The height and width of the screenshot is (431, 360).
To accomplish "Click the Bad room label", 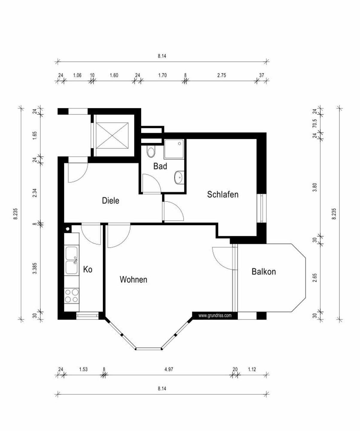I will [160, 166].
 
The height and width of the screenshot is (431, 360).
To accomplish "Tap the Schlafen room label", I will [223, 195].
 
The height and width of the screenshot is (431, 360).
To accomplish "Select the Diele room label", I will [110, 201].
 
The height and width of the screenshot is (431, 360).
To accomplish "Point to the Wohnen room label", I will [133, 280].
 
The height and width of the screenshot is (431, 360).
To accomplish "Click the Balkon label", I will [263, 272].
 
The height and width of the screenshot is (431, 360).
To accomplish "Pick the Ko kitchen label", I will [88, 269].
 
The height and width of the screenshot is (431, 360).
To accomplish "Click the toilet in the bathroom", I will [151, 152].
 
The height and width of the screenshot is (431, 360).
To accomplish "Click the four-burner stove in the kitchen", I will [72, 295].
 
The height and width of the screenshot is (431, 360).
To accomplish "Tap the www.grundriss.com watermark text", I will [215, 315].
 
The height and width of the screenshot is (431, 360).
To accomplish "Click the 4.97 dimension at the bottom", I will [169, 369].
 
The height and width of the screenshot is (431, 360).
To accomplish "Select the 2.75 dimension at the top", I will [221, 75].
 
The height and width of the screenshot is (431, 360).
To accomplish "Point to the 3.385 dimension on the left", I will [35, 268].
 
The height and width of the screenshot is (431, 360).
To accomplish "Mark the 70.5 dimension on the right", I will [314, 123].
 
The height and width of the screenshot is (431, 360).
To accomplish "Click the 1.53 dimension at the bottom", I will [83, 369].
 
